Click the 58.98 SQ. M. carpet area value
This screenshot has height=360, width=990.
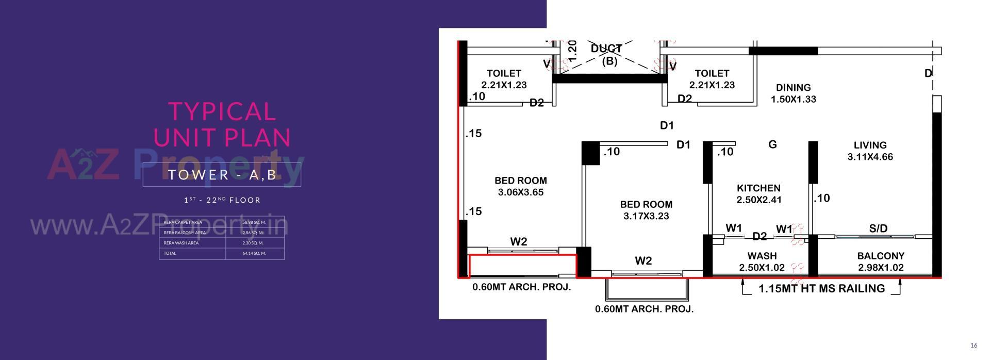tap(254, 222)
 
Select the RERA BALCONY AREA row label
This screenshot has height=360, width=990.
tap(185, 233)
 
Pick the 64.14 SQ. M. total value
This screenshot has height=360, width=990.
tap(254, 253)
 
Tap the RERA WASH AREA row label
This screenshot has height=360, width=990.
tap(181, 243)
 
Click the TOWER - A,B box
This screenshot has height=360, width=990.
tap(222, 174)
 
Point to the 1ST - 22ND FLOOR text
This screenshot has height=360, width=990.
tap(222, 200)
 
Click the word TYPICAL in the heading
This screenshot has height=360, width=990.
tap(222, 111)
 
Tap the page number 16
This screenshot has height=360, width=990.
tap(973, 346)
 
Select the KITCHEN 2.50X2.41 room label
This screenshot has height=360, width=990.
tap(758, 194)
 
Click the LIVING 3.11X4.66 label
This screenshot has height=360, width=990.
tap(870, 151)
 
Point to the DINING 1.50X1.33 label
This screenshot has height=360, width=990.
tap(793, 93)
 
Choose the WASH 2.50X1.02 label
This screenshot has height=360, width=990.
tap(762, 261)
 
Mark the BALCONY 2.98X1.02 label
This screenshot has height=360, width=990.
tap(881, 261)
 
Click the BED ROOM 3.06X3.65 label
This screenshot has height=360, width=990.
tap(521, 186)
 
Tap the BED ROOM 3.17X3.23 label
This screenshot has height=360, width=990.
tap(646, 210)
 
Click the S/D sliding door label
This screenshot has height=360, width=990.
tap(878, 228)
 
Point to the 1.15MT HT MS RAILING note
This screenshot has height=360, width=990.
tap(821, 289)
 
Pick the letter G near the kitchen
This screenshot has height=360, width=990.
tap(772, 144)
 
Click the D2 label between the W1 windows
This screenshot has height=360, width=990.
tap(760, 236)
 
